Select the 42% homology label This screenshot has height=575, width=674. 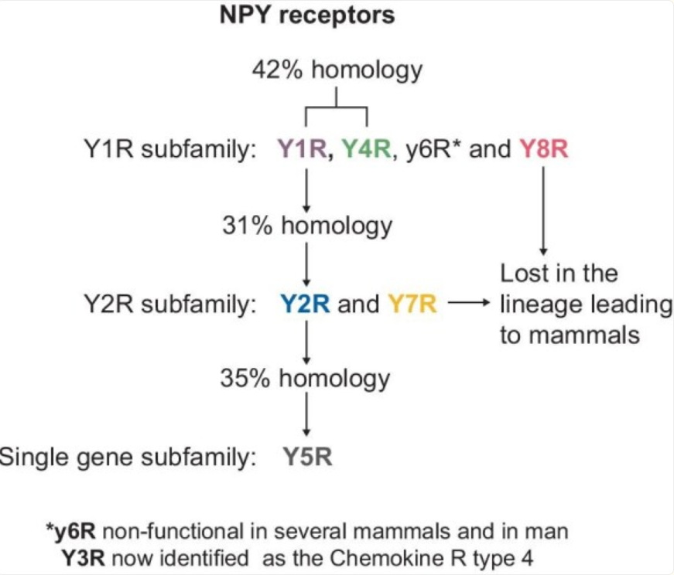coord(337,70)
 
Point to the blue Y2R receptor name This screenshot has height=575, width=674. coord(305,305)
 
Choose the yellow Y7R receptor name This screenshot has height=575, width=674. coord(412,305)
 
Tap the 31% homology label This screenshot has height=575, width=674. coord(306,226)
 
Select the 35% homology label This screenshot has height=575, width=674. coord(306,379)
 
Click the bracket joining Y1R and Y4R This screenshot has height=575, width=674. coord(336,107)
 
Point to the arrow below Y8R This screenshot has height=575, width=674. coord(544,209)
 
